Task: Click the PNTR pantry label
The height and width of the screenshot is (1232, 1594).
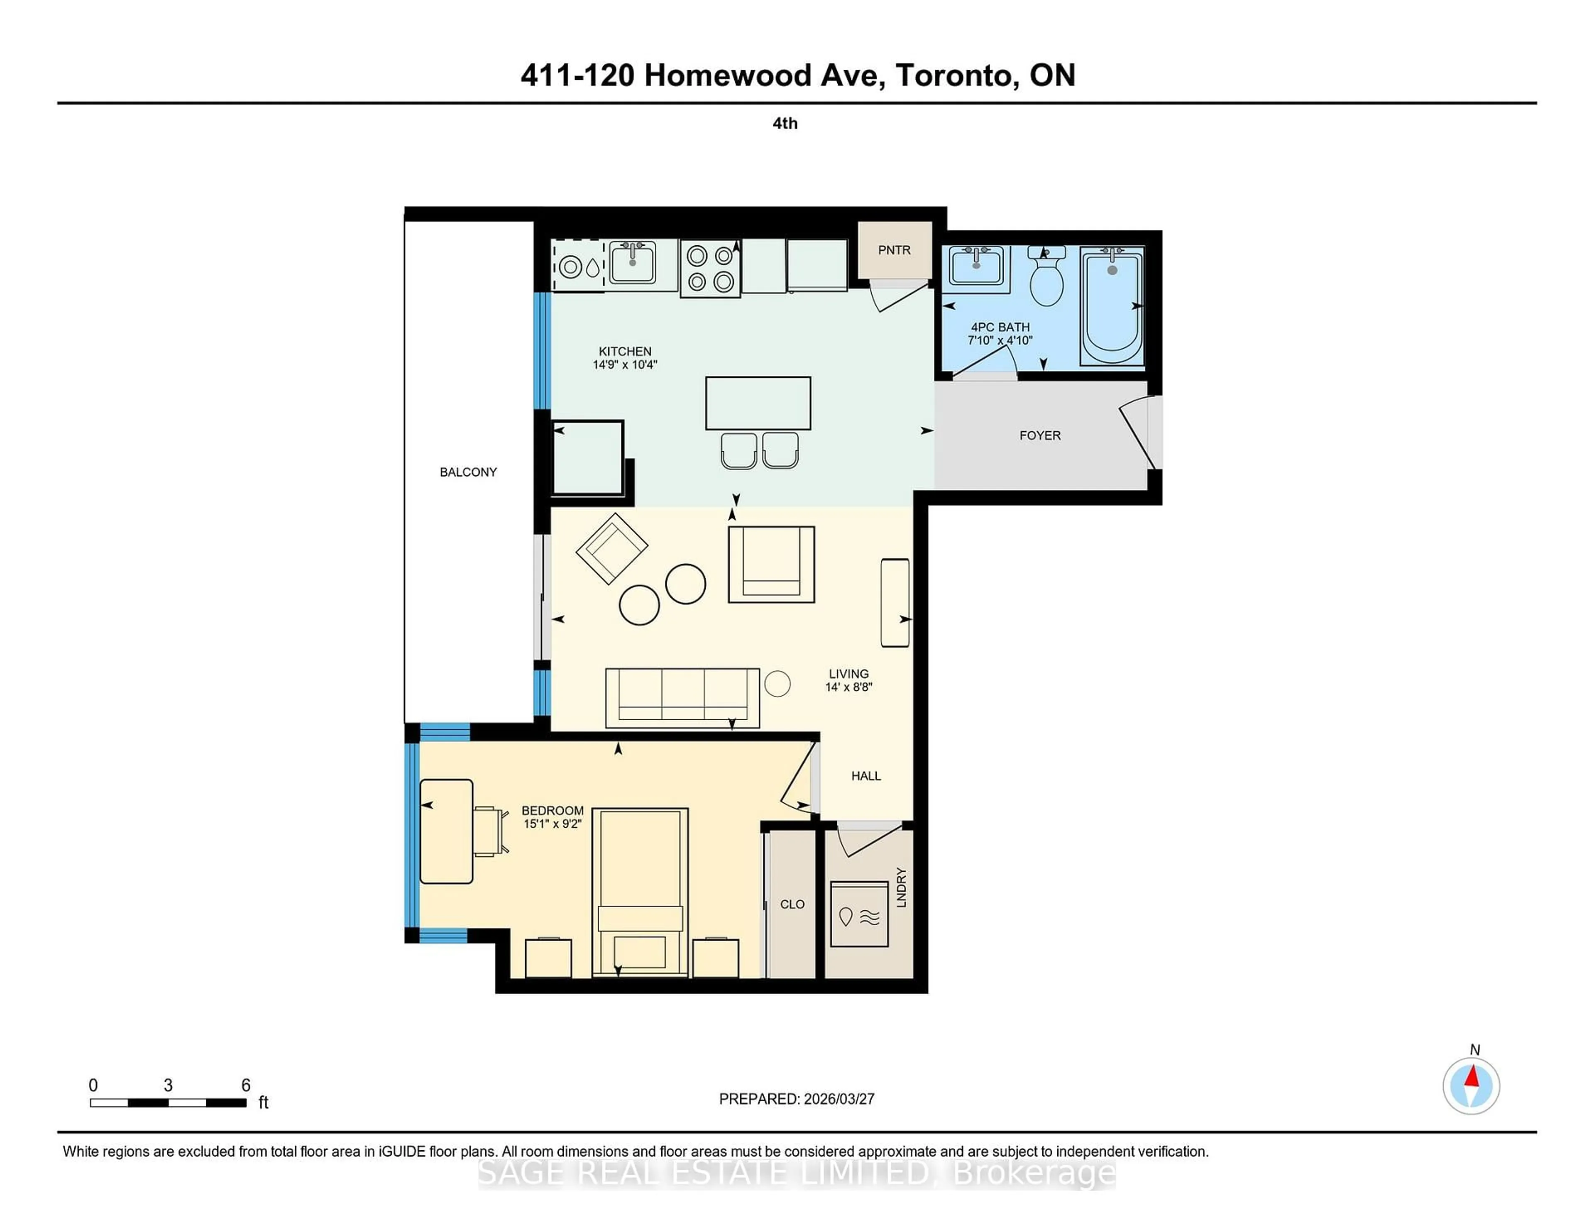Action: (894, 250)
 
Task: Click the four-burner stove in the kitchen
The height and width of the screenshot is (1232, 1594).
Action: (710, 268)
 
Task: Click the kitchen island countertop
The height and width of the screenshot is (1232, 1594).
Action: (758, 403)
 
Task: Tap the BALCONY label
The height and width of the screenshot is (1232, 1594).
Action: (468, 472)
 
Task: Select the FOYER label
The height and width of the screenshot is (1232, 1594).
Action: (1039, 436)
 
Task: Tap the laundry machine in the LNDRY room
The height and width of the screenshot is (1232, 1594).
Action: (859, 914)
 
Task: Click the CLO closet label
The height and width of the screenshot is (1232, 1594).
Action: (792, 904)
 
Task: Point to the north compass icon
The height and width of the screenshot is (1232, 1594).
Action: (1471, 1086)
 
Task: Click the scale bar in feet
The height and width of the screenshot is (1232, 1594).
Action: (168, 1102)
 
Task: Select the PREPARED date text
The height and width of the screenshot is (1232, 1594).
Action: (796, 1099)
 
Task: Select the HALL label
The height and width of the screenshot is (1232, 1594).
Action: (865, 776)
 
